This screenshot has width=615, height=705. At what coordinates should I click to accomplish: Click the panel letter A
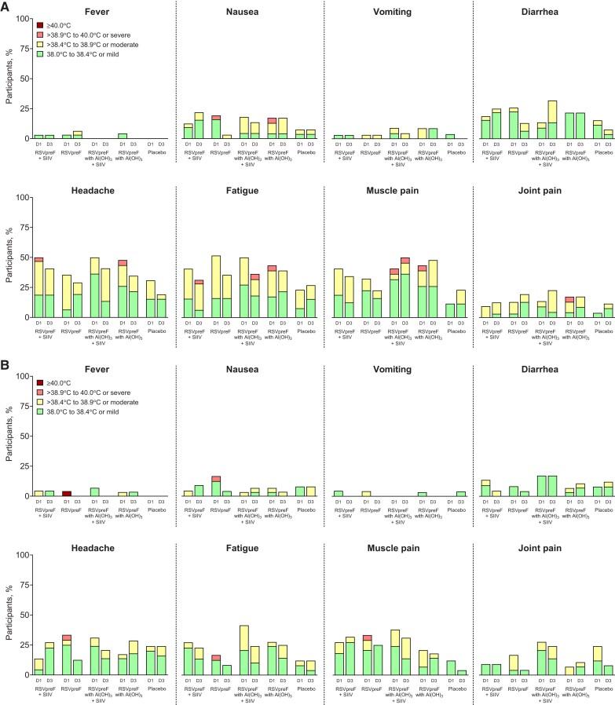tap(7, 6)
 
